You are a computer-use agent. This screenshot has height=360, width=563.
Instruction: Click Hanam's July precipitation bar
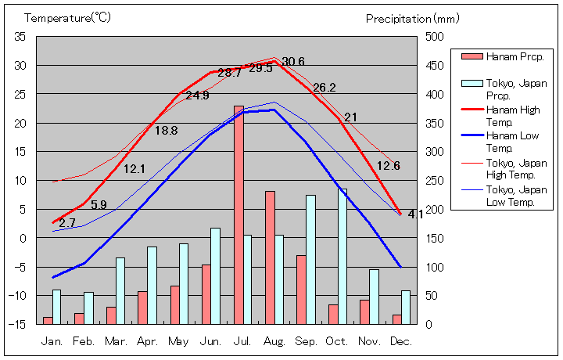238,214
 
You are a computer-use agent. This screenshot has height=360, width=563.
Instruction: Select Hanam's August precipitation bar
270,257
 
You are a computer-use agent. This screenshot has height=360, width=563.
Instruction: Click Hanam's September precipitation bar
301,290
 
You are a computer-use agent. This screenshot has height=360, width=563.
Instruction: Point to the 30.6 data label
293,62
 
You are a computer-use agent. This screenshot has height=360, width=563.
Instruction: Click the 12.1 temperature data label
134,168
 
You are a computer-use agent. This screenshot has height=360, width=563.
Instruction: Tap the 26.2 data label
325,88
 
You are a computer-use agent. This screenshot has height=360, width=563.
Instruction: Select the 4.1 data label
416,214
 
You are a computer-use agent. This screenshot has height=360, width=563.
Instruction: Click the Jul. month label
243,341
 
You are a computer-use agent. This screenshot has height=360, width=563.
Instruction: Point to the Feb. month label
84,341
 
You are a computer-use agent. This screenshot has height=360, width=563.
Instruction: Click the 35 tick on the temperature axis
20,36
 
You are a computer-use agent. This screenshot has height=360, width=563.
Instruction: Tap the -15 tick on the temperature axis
18,323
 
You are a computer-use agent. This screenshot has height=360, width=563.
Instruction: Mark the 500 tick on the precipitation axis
434,36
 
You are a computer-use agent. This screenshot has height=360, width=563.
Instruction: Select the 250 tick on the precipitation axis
434,180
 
